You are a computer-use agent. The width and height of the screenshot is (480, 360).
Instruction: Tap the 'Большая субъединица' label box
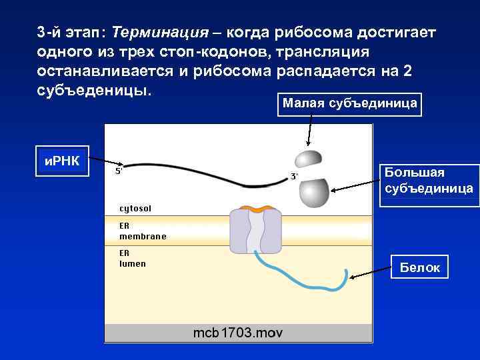[429, 181]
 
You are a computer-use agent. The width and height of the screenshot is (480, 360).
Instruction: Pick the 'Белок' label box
[419, 267]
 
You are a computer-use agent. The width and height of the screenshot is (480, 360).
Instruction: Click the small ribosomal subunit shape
[308, 159]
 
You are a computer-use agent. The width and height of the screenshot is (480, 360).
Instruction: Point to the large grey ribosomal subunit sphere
[314, 193]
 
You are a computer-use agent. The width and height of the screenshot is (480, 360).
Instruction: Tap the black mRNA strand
[200, 167]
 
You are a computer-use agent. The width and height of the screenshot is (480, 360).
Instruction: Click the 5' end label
[119, 171]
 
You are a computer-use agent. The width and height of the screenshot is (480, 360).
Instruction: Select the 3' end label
[293, 177]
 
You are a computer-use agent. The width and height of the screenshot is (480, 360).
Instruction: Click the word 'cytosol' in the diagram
[135, 209]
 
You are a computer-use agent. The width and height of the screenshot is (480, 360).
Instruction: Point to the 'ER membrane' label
[142, 231]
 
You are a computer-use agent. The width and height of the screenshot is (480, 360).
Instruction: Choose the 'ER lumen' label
[132, 258]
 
